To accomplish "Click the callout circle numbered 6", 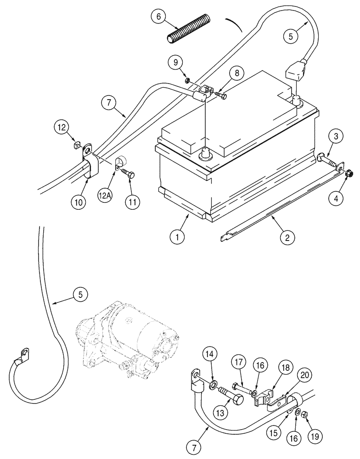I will [x=158, y=17].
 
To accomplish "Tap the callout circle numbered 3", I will [x=337, y=136].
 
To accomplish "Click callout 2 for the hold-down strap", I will [x=287, y=238].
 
